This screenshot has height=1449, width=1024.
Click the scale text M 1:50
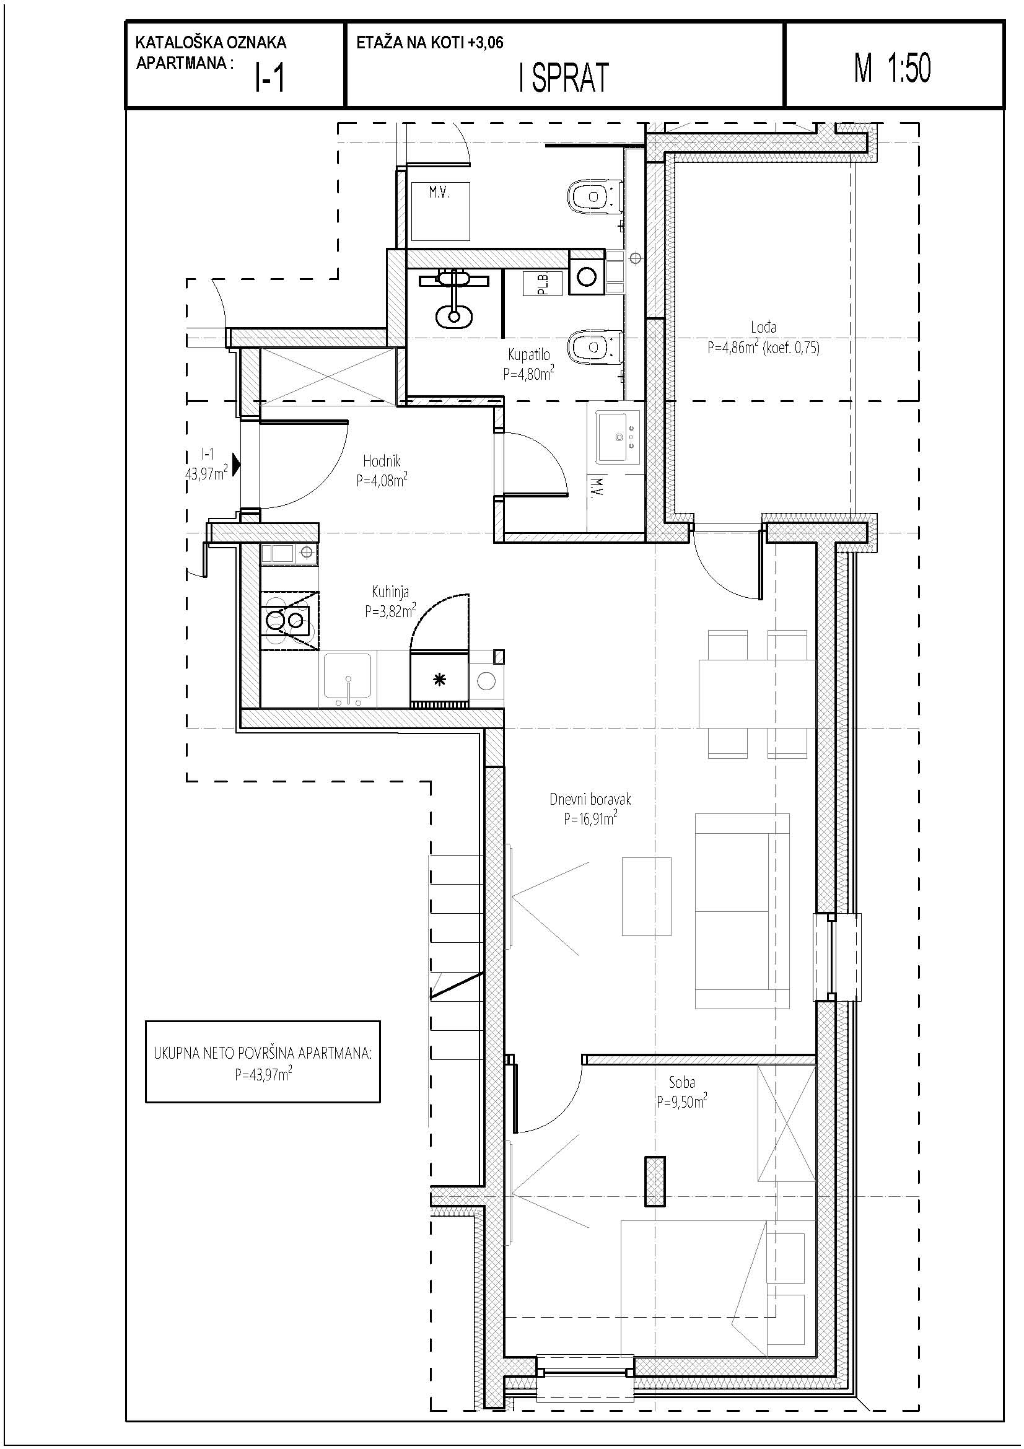click(892, 68)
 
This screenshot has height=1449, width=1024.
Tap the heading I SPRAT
click(564, 77)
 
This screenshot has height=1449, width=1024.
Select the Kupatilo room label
click(528, 355)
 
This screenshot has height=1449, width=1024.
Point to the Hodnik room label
click(382, 462)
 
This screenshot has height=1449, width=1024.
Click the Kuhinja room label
click(390, 592)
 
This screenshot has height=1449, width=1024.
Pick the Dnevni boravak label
click(590, 799)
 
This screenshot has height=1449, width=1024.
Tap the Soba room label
click(682, 1082)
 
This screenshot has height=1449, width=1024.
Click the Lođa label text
click(763, 327)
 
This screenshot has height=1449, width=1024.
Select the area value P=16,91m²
click(590, 818)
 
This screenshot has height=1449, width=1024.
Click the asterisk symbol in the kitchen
click(439, 680)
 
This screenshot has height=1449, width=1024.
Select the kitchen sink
click(348, 679)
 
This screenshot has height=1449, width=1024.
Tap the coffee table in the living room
click(646, 896)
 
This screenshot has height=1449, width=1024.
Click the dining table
click(756, 694)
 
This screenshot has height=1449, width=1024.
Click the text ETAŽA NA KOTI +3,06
click(430, 43)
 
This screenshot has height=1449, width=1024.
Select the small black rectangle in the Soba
click(655, 1181)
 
